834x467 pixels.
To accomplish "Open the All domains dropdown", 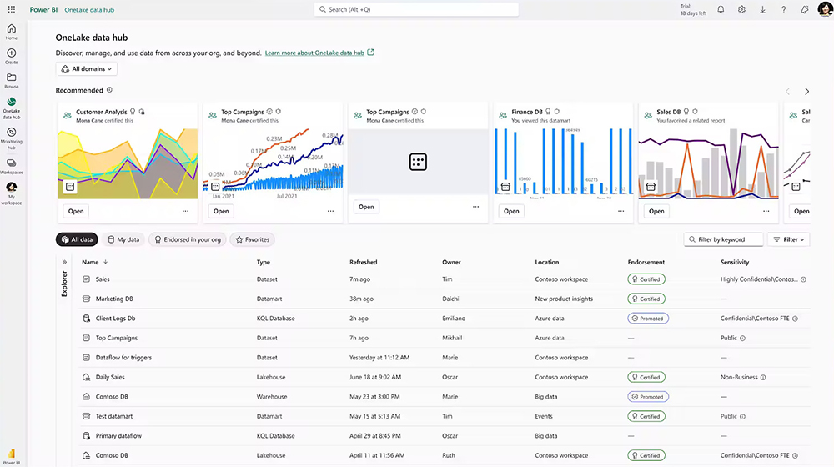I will [87, 68].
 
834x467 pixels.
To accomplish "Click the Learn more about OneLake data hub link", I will [314, 53].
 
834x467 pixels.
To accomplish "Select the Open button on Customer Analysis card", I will [76, 211].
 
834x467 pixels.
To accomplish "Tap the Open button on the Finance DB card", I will [511, 211].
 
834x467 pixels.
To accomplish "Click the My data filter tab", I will [123, 239].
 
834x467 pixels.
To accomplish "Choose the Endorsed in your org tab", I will [187, 239].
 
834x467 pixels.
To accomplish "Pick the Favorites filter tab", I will [252, 239].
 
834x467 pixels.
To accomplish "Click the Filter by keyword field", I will [724, 239].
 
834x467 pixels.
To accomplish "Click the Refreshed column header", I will [364, 262].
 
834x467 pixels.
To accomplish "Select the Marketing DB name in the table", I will [114, 299].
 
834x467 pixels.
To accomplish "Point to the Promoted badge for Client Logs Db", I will [648, 319].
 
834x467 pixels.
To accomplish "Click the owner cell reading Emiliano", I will [455, 319].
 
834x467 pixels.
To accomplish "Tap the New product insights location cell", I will [564, 299].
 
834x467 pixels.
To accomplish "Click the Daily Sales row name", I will [110, 377].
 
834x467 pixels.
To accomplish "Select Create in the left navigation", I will [12, 56].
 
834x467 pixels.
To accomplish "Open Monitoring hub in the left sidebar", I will [12, 137].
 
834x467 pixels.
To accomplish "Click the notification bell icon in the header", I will [721, 9].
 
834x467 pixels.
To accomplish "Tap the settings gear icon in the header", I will [741, 9].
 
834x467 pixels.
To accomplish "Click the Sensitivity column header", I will [735, 262].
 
